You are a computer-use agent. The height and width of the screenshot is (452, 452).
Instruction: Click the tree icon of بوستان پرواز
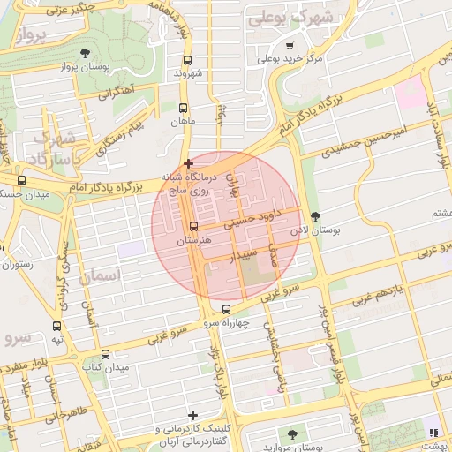click(x=84, y=53)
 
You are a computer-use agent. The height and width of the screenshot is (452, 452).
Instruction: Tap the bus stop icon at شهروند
click(x=186, y=61)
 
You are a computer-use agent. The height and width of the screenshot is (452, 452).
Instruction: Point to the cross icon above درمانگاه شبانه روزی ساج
click(x=187, y=163)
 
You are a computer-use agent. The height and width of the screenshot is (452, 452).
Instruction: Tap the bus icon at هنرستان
click(x=193, y=227)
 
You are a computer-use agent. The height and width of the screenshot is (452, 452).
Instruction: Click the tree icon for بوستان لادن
click(x=316, y=216)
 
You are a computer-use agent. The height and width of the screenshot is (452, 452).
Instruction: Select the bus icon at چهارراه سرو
click(x=227, y=310)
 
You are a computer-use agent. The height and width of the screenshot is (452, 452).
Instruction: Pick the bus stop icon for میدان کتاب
click(x=106, y=354)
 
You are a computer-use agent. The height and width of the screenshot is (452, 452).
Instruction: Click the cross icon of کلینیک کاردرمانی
click(x=192, y=414)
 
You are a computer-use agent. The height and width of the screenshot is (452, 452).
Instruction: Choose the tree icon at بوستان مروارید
click(x=292, y=433)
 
